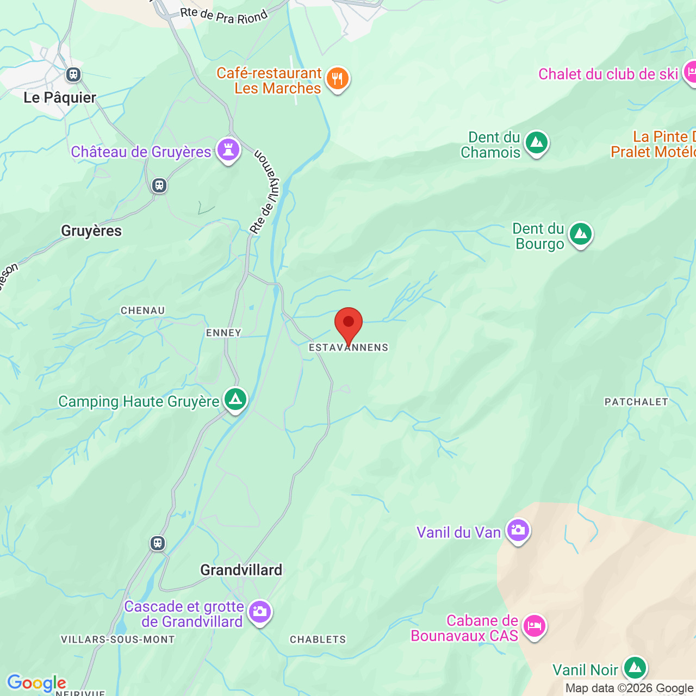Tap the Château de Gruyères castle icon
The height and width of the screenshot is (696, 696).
coord(228,150)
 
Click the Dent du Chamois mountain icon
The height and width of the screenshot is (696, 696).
coord(537,143)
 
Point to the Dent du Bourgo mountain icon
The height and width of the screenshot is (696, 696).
coord(581,234)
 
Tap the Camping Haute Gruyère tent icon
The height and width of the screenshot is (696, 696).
coord(235,400)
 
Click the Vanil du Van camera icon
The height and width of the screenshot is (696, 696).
coord(518,530)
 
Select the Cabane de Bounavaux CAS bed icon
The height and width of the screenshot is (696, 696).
coord(534,626)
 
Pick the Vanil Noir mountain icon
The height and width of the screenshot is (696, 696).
coord(635,668)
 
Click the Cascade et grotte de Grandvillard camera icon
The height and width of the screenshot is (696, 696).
coord(260,612)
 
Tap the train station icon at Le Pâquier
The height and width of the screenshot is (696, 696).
coord(73,74)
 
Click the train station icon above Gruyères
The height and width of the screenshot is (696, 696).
coord(159,185)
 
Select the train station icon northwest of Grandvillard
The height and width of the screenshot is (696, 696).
coord(158,543)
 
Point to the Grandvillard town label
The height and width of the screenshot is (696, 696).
coord(241,570)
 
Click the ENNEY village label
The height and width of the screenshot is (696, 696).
coord(223,333)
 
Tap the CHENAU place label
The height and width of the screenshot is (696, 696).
coord(142,310)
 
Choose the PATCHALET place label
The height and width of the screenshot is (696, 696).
coord(636,402)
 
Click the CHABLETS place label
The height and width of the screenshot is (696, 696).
coord(318,639)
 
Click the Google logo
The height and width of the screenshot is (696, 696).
coord(36,683)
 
